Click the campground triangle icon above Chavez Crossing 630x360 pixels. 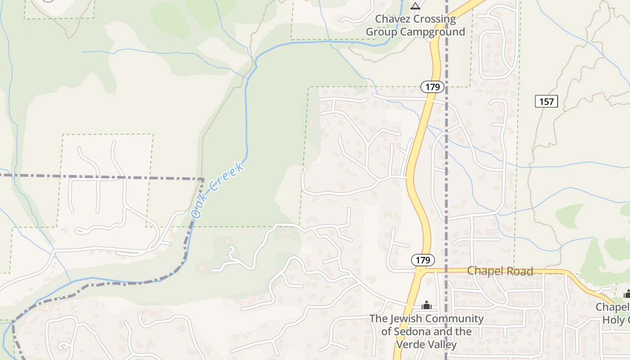[x=415, y=6]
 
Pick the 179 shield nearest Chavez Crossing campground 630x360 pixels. [x=432, y=87]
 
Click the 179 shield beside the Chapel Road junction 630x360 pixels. [x=423, y=260]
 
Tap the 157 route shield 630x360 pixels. [x=546, y=101]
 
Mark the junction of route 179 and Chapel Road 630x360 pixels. [x=420, y=271]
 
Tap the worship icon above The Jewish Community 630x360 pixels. [x=427, y=306]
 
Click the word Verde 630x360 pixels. [x=411, y=345]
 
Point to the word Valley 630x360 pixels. [x=443, y=345]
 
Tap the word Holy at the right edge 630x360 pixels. [x=616, y=319]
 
